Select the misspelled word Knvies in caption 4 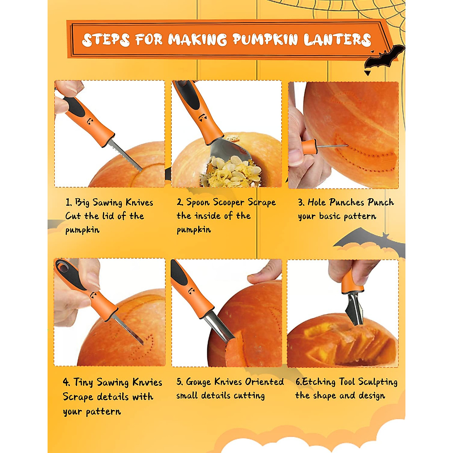(147, 382)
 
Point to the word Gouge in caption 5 (199, 382)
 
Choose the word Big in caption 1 (82, 203)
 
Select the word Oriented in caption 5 (264, 382)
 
